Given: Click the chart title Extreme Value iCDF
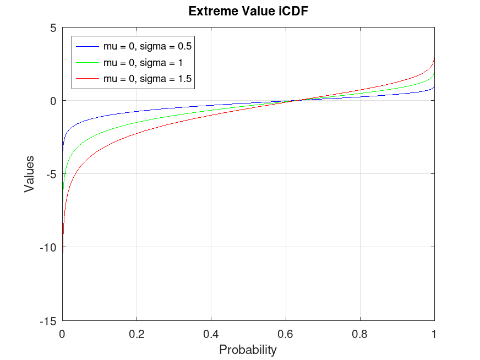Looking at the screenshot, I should click(248, 12).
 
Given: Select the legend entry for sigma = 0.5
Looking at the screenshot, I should click(147, 46).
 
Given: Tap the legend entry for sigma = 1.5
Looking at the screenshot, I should click(147, 79).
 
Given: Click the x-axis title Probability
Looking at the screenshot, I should click(248, 350).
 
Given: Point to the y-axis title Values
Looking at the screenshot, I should click(29, 174).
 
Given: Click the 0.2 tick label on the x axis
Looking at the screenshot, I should click(137, 333).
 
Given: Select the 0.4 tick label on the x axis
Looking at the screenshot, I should click(211, 333).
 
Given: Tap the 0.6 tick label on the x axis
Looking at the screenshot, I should click(285, 333).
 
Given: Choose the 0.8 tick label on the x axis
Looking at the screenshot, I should click(359, 333).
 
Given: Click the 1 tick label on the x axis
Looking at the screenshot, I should click(434, 333).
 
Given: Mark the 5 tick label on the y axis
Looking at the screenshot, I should click(53, 28).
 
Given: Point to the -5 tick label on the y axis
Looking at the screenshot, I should click(51, 174).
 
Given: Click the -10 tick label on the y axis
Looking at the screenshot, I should click(49, 247).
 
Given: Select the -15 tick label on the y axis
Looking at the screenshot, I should click(49, 320).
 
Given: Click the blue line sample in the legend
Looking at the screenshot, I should click(88, 46).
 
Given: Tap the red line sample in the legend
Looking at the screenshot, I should click(88, 79).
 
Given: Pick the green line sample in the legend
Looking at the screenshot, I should click(88, 62).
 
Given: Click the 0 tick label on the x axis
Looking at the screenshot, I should click(62, 333).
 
